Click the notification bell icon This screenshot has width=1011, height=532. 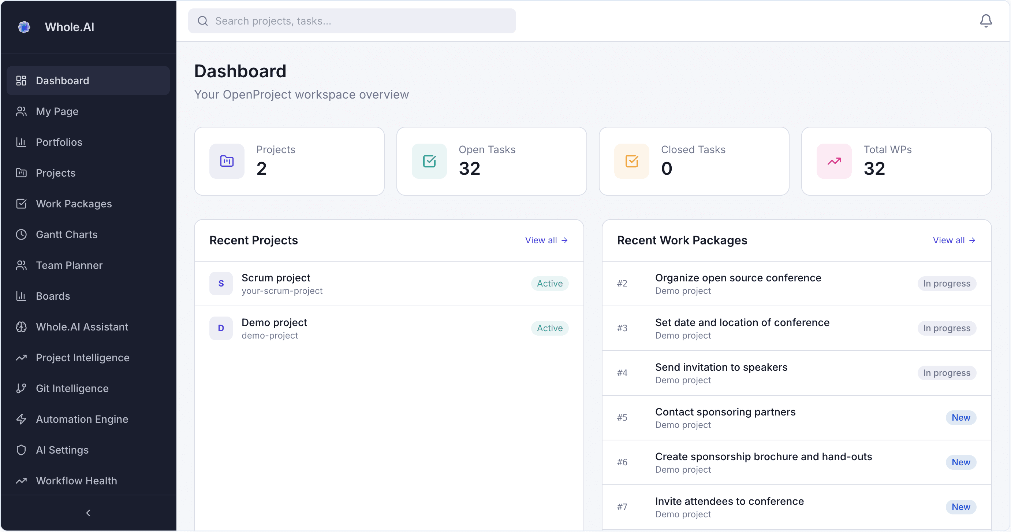(x=985, y=21)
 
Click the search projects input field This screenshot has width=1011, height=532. (x=352, y=21)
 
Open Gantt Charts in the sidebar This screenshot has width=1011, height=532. (x=66, y=234)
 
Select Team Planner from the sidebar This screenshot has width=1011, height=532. (x=69, y=265)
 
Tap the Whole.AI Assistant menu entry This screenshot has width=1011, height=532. (x=82, y=327)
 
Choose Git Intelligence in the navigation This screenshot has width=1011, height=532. (x=72, y=388)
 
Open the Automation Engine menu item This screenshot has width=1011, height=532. (x=82, y=419)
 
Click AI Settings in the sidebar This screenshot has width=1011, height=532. (x=62, y=450)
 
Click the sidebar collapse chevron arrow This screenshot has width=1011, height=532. (x=88, y=513)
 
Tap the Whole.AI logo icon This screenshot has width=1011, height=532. (x=24, y=27)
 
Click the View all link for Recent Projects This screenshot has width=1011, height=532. (x=546, y=240)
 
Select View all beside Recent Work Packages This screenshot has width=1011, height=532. (x=954, y=240)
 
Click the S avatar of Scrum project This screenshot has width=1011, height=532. (x=221, y=283)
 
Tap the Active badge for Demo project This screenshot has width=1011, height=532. (x=549, y=328)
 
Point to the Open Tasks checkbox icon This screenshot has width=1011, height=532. (x=429, y=161)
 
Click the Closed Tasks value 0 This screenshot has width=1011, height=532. (x=667, y=169)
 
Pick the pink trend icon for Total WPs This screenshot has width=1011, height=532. (x=834, y=161)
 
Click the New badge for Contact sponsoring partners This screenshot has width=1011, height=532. (x=960, y=417)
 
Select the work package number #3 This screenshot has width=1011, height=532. (x=622, y=328)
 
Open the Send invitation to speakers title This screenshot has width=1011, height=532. (x=721, y=367)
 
